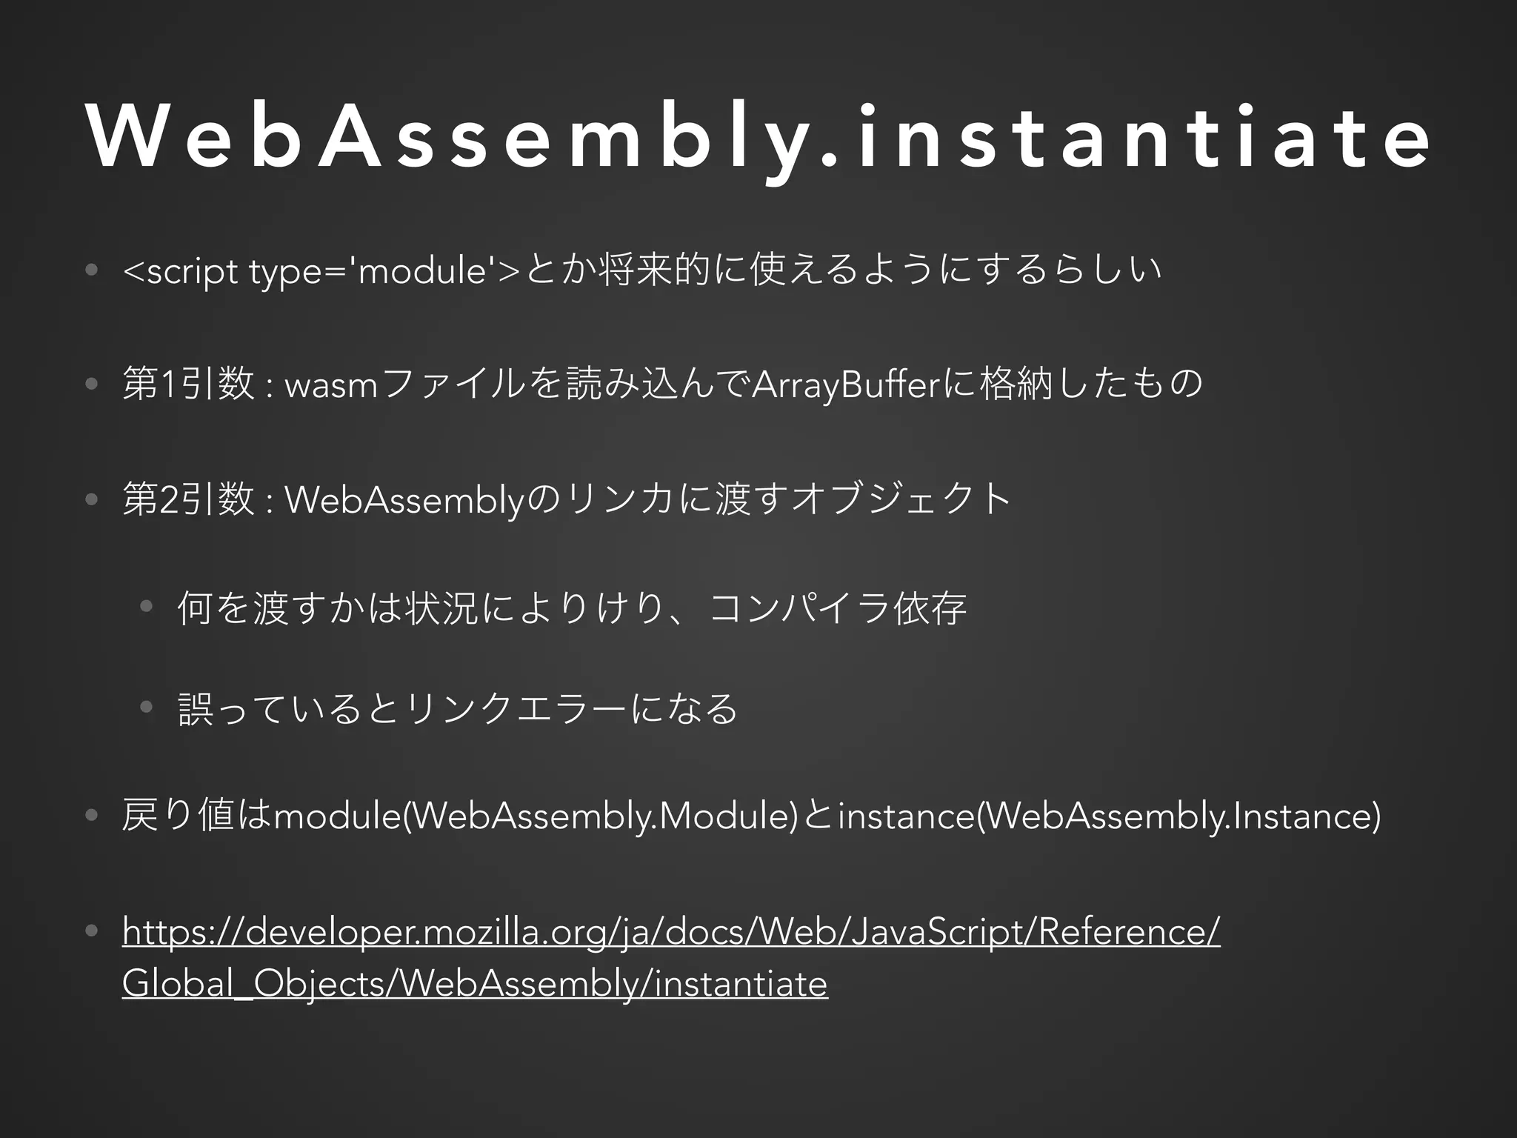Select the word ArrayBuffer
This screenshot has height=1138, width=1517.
pos(846,385)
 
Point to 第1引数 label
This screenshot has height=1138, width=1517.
pos(189,385)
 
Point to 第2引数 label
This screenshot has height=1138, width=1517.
pos(189,499)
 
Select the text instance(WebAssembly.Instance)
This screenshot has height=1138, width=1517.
pos(1109,816)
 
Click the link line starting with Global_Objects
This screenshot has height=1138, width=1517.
pos(474,984)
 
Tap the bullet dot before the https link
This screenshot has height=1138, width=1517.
pos(91,931)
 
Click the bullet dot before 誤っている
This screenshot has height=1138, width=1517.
pos(147,707)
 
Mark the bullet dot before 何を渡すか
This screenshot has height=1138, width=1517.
pos(147,607)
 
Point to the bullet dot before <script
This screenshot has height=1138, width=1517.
pos(91,271)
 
